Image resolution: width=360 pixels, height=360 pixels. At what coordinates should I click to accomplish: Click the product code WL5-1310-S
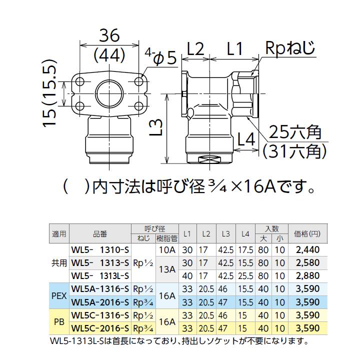point(101,248)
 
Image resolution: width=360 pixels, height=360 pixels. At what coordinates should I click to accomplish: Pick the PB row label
point(59,322)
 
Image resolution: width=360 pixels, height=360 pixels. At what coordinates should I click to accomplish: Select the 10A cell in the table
point(166,248)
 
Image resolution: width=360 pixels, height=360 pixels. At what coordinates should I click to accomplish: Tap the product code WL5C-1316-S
point(101,316)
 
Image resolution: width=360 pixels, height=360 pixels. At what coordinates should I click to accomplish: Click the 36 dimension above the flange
point(109,36)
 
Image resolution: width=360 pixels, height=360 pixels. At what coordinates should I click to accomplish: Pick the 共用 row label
point(59,262)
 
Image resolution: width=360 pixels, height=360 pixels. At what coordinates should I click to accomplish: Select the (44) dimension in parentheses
point(109,56)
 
